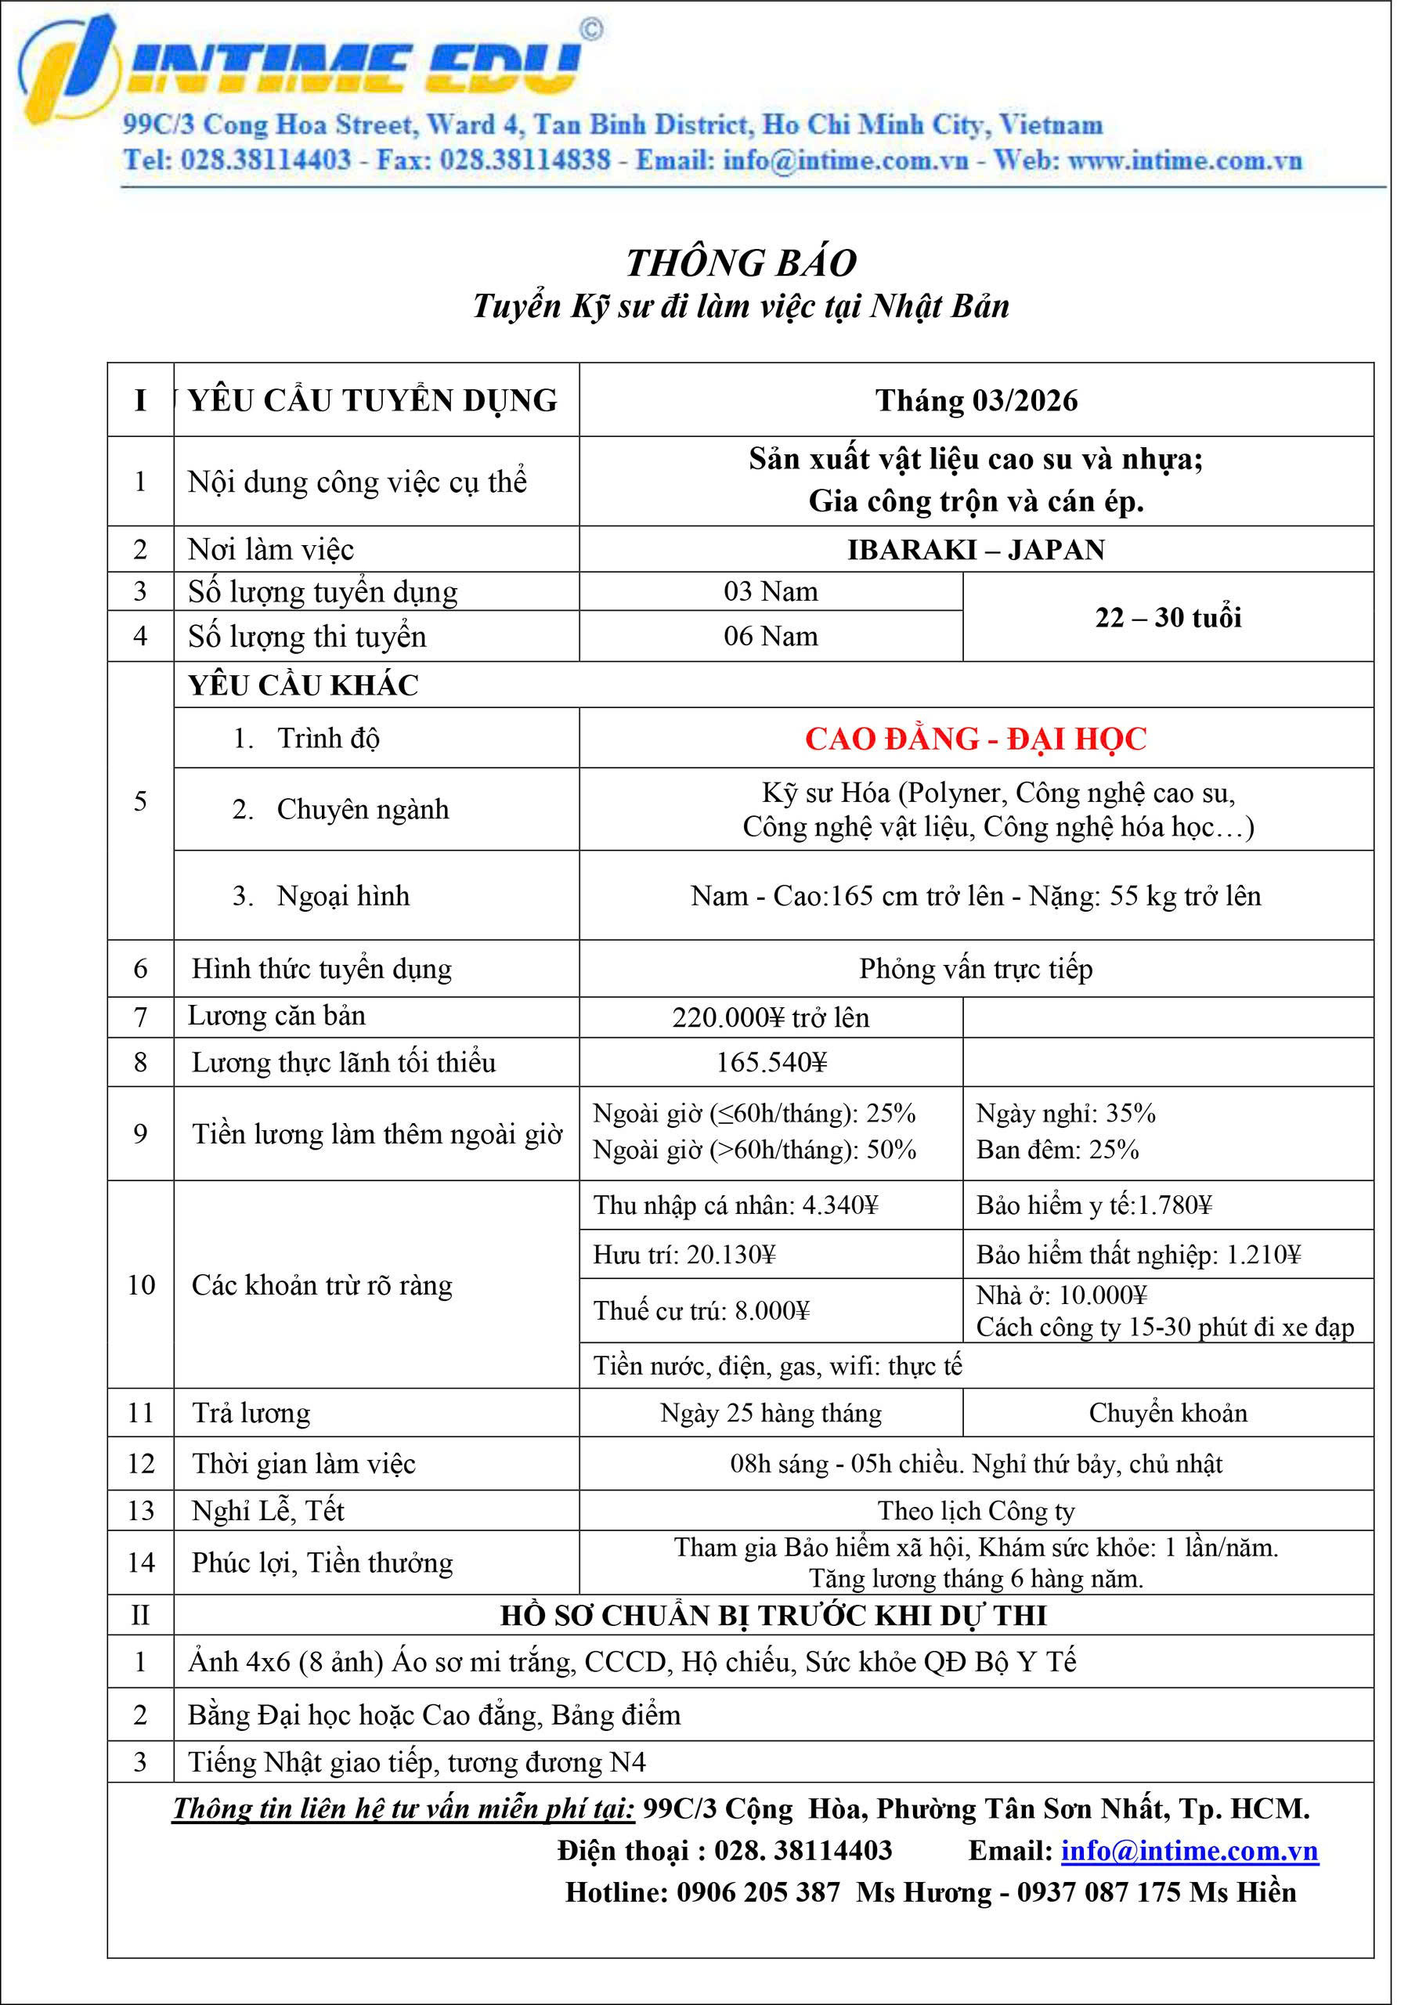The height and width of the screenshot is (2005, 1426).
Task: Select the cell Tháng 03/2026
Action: (976, 400)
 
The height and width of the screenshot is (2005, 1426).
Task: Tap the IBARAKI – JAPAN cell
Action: (976, 550)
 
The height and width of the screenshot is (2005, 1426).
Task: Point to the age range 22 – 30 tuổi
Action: (1168, 617)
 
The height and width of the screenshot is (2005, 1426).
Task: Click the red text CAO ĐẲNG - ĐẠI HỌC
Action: (976, 739)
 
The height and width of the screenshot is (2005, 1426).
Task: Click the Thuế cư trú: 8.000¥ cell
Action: (701, 1310)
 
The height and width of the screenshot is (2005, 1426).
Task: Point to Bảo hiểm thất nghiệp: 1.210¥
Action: (1138, 1254)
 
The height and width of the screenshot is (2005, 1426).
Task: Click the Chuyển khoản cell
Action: (1168, 1412)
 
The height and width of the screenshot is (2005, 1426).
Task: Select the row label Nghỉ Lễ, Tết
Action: (268, 1510)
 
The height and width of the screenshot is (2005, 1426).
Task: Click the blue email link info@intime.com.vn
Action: (1190, 1851)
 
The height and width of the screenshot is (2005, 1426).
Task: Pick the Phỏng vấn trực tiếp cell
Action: (976, 969)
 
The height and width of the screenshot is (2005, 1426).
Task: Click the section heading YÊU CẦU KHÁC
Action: (303, 685)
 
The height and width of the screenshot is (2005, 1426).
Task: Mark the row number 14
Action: (140, 1562)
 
